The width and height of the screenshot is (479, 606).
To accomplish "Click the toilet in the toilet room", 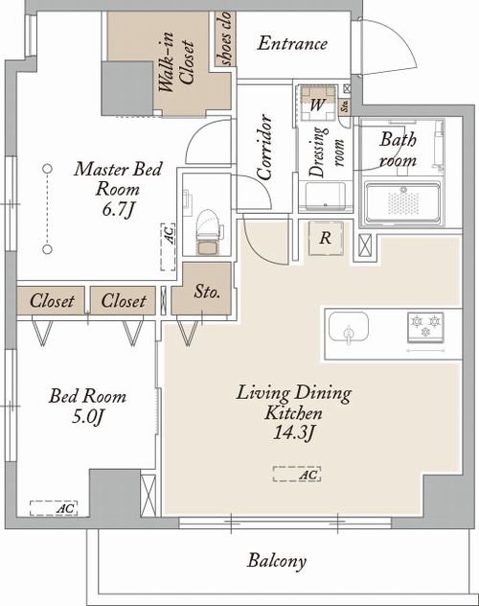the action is coord(210,233).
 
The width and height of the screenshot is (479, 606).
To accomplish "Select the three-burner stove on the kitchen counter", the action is coord(425,327).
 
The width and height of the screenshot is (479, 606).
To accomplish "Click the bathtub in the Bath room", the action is coord(403,203).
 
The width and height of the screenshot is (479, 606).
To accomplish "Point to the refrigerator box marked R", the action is coord(326,238).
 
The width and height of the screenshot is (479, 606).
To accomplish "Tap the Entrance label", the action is coord(292,43).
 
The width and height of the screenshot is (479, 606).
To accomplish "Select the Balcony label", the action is coord(277,561).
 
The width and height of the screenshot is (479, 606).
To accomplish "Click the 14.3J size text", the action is coord(294,432).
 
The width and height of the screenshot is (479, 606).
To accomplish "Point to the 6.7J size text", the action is coord(119,210).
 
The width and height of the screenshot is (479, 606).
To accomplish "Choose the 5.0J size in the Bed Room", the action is coord(88,417).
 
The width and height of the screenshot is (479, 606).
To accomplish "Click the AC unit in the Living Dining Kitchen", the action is coord(296,475).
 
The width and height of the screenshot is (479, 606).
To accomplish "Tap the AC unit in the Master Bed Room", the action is coord(168,246).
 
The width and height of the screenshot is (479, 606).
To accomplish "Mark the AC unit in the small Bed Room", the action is coord(54,508).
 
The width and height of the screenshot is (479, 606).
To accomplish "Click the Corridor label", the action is coord(264,147).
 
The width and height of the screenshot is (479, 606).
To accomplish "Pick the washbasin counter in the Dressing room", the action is coord(325,197).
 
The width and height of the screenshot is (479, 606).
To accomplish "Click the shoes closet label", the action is coord(224,38).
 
